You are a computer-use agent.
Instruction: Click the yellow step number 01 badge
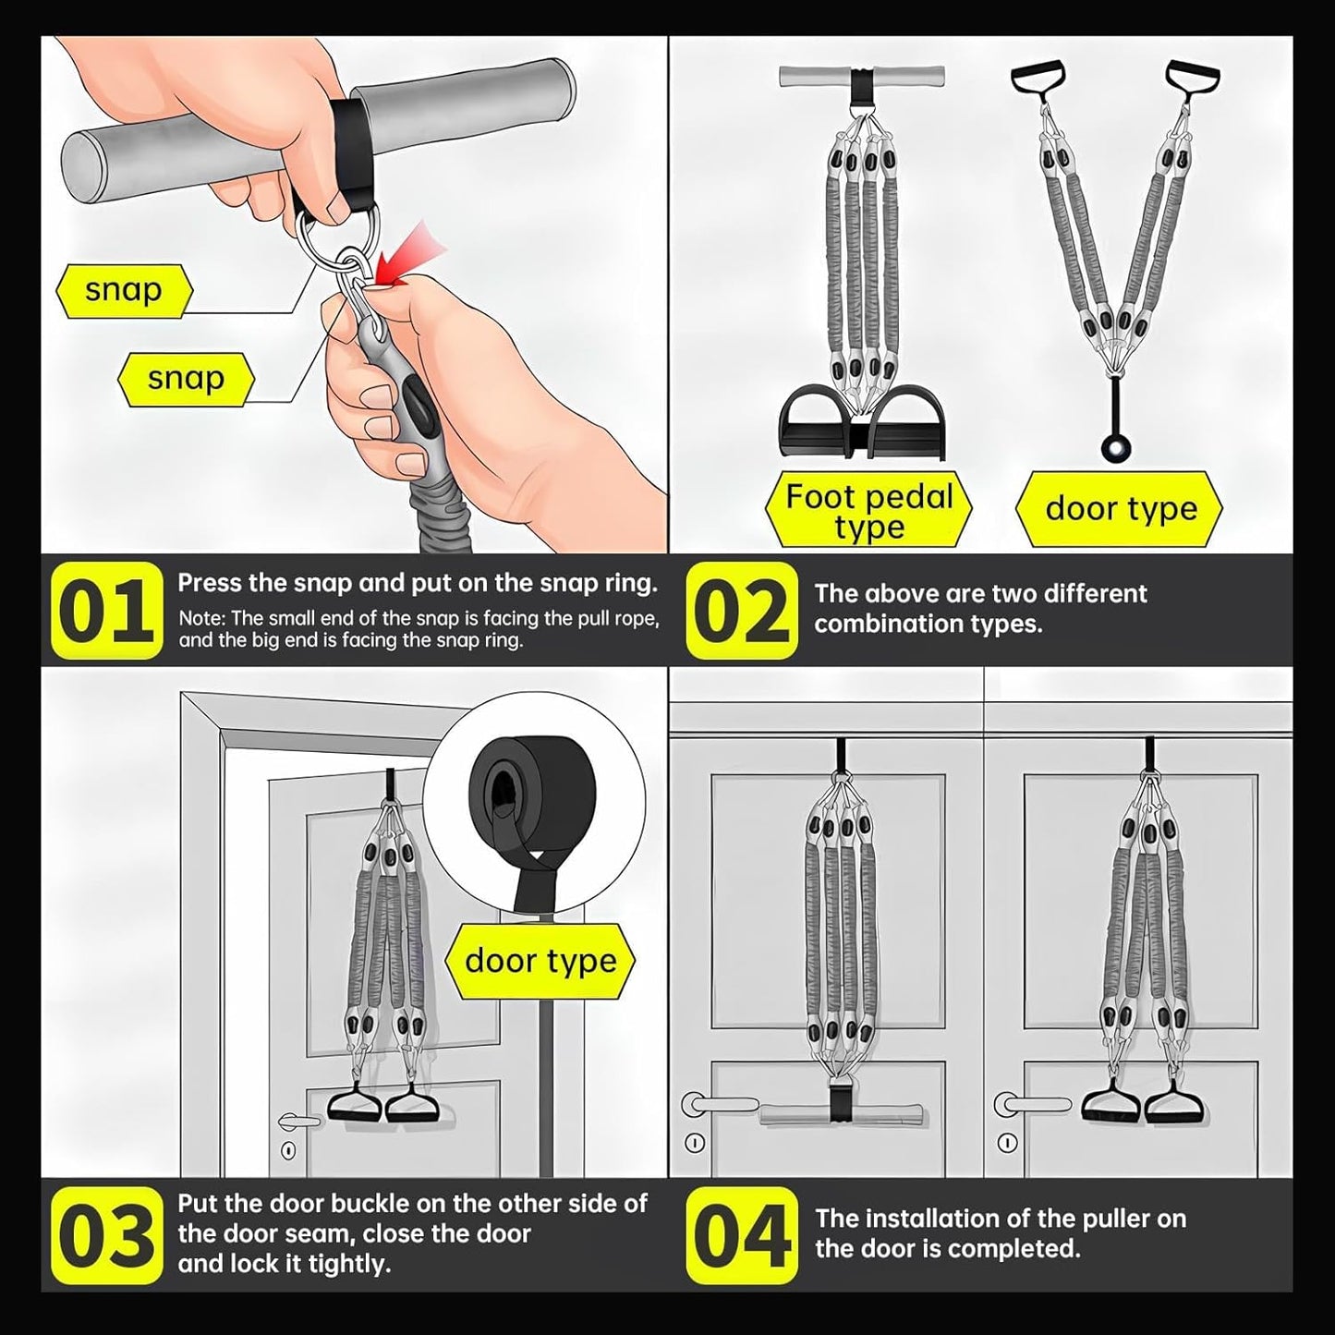pos(106,610)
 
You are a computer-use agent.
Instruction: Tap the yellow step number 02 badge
pos(741,610)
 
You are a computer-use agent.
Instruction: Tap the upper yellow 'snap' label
pos(124,291)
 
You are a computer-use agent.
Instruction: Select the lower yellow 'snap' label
pos(187,379)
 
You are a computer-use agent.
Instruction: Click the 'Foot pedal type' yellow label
pos(868,510)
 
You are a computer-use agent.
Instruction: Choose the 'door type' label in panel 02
pos(1120,510)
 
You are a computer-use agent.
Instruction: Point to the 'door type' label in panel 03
pos(540,961)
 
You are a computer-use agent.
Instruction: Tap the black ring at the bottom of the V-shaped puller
pos(1117,448)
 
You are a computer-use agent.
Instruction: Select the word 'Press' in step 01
pos(210,583)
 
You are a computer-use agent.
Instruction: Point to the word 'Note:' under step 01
pos(202,618)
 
